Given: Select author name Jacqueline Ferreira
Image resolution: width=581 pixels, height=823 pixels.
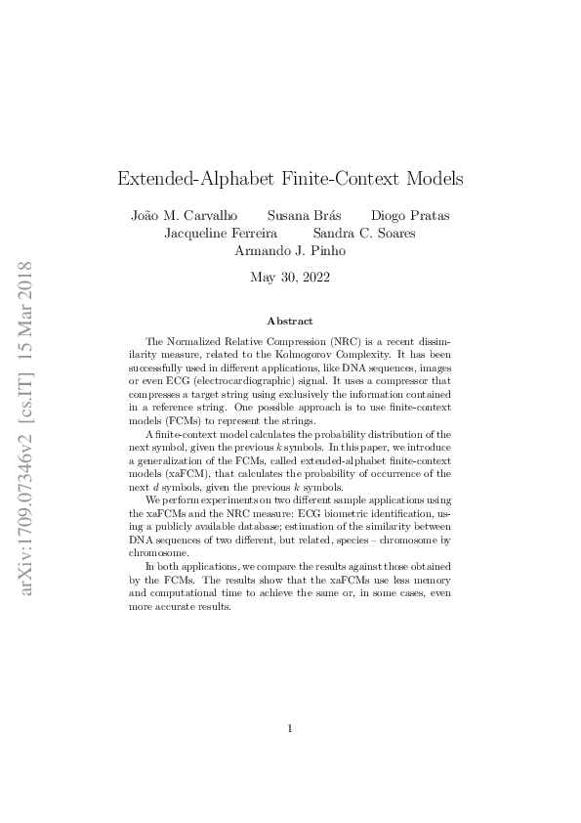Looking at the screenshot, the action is [x=221, y=234].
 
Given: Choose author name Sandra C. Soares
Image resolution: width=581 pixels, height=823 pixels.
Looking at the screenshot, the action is [x=364, y=234].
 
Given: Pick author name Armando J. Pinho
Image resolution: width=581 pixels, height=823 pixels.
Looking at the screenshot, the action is [x=290, y=251].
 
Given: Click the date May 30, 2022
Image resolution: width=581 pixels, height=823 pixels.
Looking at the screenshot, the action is [x=290, y=278].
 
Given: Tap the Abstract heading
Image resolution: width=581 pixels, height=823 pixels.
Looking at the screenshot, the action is [x=290, y=321].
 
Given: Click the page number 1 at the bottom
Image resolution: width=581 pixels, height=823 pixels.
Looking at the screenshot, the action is [x=290, y=728].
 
